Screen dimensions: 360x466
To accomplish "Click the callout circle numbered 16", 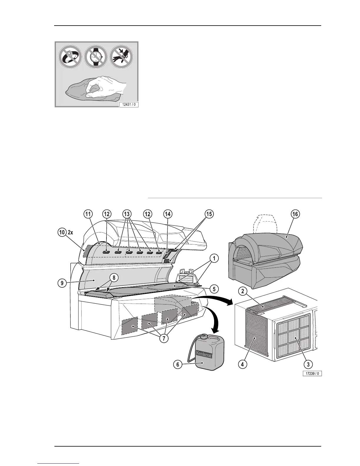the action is [295, 214].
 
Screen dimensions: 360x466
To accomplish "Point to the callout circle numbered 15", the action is [209, 214].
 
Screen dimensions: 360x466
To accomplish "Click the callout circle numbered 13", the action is [127, 214].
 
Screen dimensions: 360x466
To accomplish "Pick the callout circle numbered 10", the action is [61, 232].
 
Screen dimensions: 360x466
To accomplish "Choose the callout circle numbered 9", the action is [61, 284].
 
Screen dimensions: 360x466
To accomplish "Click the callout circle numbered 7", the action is [164, 339].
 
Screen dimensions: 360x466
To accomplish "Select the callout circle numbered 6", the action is [178, 365].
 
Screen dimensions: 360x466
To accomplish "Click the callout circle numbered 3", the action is [308, 365].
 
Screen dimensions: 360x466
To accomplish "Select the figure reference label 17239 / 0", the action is [311, 374].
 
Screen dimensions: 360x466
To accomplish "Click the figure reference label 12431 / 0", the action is [128, 104].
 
